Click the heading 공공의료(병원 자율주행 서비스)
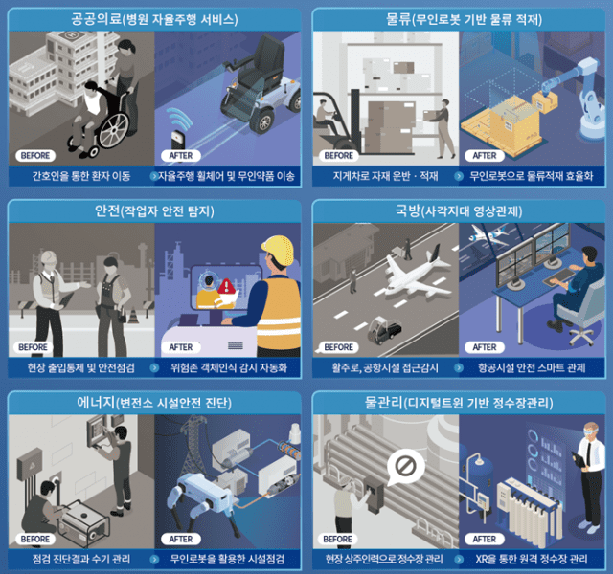coord(154,19)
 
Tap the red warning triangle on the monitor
coord(226,287)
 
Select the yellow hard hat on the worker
coord(278,250)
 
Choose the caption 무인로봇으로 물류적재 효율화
coord(532,176)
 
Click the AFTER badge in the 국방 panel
coord(485,347)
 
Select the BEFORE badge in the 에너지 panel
coord(35,539)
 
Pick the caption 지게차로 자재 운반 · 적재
coord(385,176)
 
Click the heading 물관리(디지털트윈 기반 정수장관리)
coord(459,403)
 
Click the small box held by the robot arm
coord(545,101)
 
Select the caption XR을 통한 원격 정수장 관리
coord(532,559)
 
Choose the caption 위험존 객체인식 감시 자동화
coord(229,367)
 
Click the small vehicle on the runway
coord(384,330)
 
